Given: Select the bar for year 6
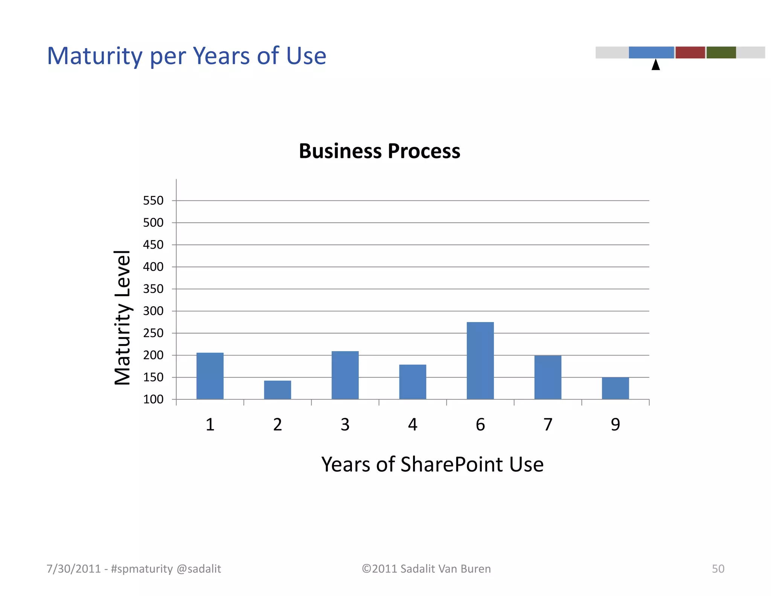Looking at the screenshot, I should coord(480,361).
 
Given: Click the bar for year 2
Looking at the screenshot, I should coord(277,390).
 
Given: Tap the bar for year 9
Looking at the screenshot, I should coord(615,388).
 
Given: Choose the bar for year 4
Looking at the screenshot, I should coord(413,382).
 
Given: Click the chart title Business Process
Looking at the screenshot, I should coord(379,151).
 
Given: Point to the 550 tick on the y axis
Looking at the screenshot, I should coord(153,200).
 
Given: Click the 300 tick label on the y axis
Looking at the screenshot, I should coord(153,311).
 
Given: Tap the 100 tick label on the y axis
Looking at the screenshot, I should coord(153,399).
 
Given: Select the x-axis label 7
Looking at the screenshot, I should coord(548,425).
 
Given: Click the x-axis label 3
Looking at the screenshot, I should coord(345,425).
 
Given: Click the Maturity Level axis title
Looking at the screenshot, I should coord(122,318).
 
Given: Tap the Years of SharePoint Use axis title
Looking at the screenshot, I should coord(432,464).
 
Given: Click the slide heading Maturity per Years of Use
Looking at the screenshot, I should coord(187,56).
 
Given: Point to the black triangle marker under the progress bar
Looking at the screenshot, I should coord(655,65).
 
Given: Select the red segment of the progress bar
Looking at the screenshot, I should coord(690,52).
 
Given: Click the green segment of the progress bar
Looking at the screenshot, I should coord(721,52).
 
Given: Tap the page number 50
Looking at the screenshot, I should coord(718,568).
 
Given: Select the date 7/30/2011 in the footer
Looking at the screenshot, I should coord(73,568).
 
